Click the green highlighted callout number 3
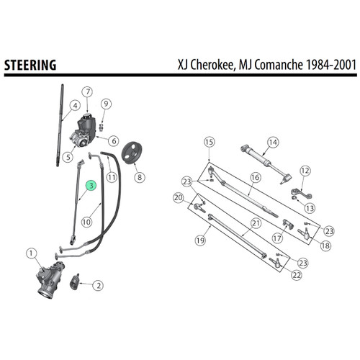point(91,185)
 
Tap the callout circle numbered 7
point(88,91)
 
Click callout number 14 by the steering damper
point(272,142)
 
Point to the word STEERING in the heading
point(31,65)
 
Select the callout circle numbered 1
point(30,253)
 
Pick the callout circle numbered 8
point(139,176)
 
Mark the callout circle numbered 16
point(255,176)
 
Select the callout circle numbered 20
point(179,197)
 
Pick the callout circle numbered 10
point(86,222)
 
